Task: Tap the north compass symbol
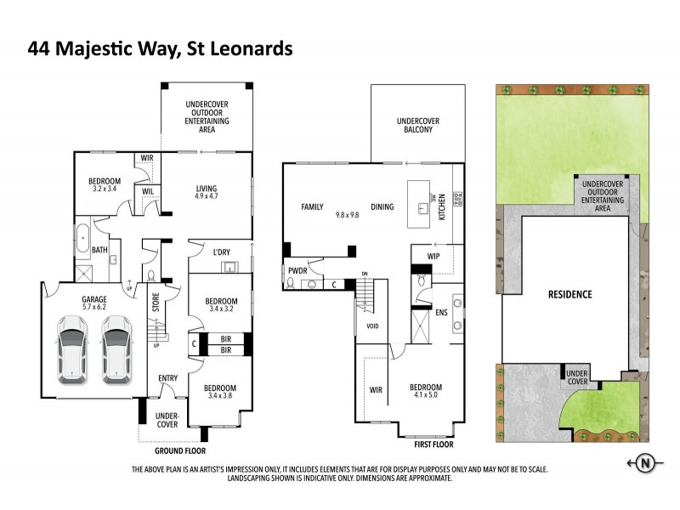click(x=646, y=463)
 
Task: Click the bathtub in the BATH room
click(x=83, y=238)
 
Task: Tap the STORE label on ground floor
click(x=156, y=304)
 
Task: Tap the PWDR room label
click(x=298, y=271)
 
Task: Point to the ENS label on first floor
click(x=441, y=313)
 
